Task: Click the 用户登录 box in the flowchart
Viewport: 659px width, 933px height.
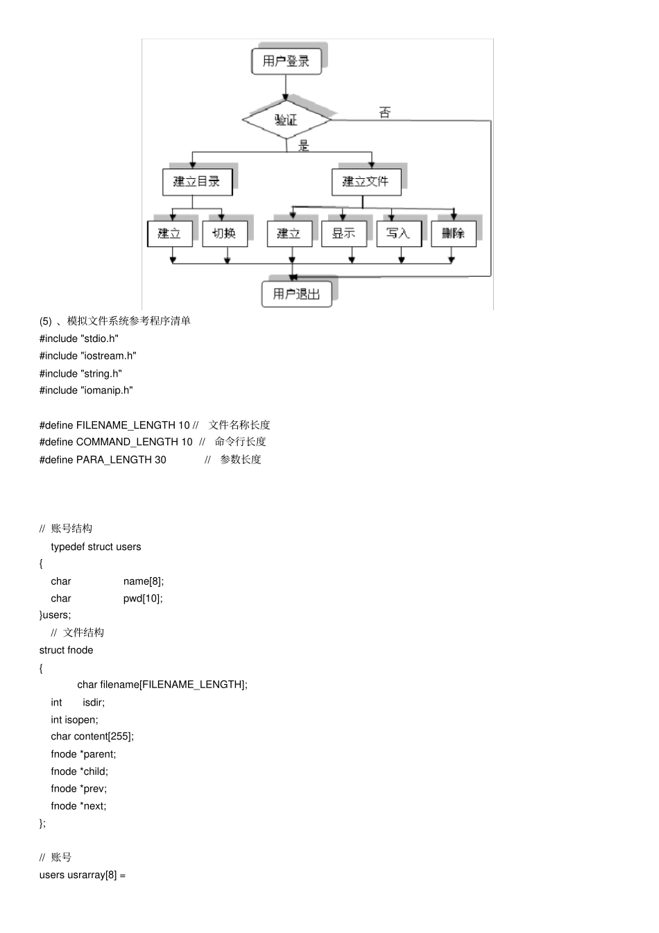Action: click(x=286, y=61)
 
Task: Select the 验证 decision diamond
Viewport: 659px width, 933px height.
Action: click(x=286, y=120)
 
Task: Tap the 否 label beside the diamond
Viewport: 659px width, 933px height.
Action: click(x=385, y=112)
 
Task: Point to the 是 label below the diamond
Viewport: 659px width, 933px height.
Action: click(x=304, y=146)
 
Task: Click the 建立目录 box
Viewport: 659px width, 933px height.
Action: click(x=196, y=182)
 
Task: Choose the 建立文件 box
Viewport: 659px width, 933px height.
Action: click(x=366, y=182)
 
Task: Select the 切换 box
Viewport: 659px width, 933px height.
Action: click(x=224, y=233)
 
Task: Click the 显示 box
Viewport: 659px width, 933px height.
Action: click(x=343, y=233)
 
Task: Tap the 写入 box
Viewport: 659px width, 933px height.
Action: click(x=398, y=233)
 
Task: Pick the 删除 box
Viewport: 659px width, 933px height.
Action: click(x=453, y=233)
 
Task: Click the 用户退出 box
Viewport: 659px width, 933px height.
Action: click(x=296, y=293)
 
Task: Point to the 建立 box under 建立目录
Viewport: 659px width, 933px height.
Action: click(x=169, y=233)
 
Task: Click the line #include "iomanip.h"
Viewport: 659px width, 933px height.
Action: click(x=86, y=391)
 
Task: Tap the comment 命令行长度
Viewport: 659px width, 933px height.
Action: click(x=240, y=442)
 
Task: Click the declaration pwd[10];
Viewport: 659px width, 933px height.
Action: click(x=143, y=599)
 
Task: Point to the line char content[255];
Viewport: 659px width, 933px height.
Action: click(x=92, y=737)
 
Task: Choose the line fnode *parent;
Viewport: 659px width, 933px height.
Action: click(x=83, y=754)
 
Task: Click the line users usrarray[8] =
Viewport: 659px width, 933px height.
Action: click(x=83, y=875)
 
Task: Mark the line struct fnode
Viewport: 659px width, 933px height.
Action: click(x=66, y=650)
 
